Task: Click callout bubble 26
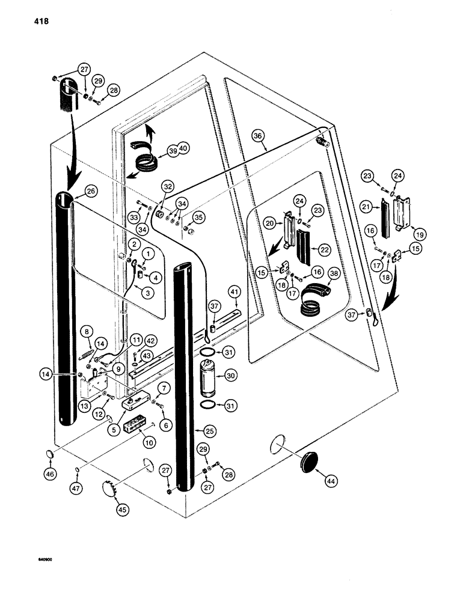pyautogui.click(x=91, y=192)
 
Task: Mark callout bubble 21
pyautogui.click(x=366, y=207)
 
